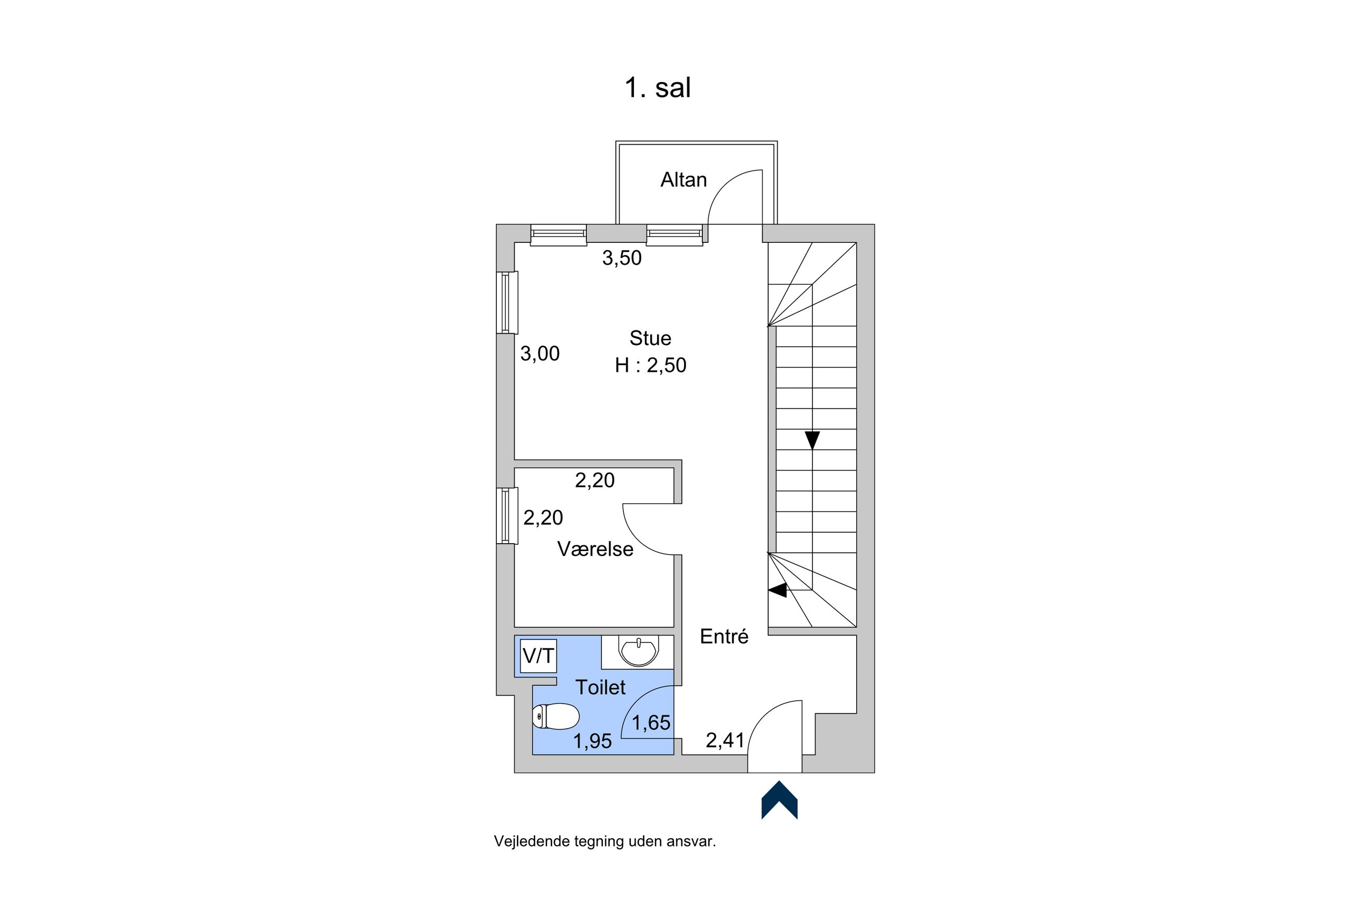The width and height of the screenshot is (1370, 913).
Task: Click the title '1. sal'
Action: point(658,88)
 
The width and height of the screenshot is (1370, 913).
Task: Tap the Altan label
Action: point(683,180)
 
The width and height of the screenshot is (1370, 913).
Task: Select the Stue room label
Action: point(650,338)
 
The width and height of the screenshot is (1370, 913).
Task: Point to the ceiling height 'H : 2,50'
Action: point(650,365)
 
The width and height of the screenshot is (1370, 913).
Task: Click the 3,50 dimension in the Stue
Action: point(622,258)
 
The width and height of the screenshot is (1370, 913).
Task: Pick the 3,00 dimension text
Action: point(540,354)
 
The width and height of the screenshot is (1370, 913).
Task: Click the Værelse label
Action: point(595,549)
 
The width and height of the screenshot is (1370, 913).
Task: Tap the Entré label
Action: point(723,636)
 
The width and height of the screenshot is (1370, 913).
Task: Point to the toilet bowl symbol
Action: point(555,716)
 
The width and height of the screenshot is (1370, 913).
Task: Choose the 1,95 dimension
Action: point(592,741)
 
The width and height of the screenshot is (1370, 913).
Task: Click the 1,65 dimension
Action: point(651,723)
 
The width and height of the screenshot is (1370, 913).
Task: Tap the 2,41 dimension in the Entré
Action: point(725,741)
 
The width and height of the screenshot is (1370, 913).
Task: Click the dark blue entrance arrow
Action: point(779,801)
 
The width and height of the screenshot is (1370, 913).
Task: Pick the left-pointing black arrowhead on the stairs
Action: point(777,590)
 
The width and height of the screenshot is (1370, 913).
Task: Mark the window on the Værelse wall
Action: point(507,516)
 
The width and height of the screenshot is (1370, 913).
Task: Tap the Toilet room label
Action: point(600,688)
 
